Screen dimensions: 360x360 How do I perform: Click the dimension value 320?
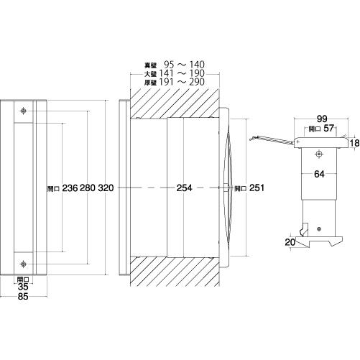[106, 188]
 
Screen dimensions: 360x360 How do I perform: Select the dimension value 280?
[88, 188]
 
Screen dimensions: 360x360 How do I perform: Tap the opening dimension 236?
[70, 188]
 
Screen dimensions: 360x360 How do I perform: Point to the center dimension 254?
[185, 188]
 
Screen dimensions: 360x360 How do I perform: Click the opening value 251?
[257, 188]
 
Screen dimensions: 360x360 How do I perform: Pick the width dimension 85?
[23, 297]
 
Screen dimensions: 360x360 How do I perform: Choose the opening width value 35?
[23, 287]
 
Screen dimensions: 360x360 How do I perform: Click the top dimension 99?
[322, 119]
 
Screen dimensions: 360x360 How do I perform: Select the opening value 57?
[328, 129]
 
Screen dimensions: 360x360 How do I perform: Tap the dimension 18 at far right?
[354, 143]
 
